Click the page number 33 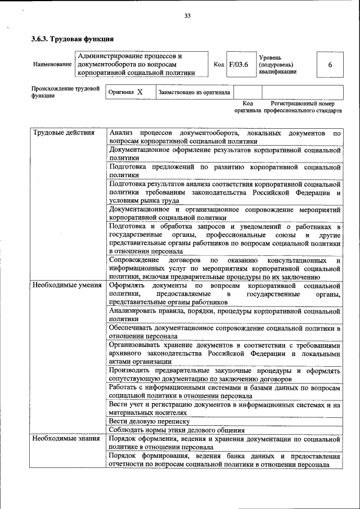(188, 15)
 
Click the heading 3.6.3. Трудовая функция (73, 39)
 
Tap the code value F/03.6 (238, 65)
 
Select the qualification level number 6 (330, 65)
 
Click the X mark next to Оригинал (140, 92)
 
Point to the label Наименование (52, 65)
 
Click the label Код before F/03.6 (219, 65)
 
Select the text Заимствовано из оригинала (194, 92)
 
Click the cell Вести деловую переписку (150, 421)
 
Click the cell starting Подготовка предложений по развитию (225, 171)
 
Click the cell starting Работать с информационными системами (225, 392)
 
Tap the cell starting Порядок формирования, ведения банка (225, 460)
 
